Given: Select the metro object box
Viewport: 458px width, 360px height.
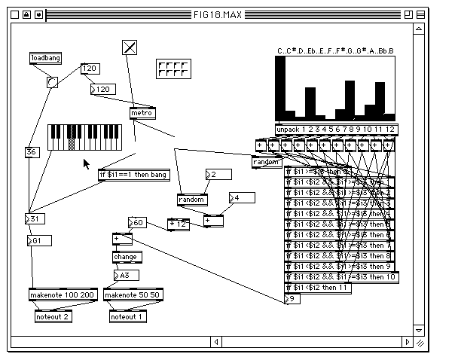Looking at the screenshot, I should pos(142,113).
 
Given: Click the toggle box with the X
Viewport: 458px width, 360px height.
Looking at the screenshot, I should pos(130,47).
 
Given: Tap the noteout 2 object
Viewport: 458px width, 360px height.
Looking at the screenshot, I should pos(53,317).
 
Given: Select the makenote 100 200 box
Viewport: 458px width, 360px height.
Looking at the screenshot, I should pos(63,294).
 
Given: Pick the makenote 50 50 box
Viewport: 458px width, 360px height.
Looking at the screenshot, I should pos(132,294).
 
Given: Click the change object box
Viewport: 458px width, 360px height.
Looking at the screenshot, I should pos(125,257).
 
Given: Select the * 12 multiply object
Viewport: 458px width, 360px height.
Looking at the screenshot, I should pos(178,224).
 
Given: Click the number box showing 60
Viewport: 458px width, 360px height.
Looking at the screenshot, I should pos(139,223).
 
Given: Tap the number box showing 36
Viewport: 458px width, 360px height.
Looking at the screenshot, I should pos(31,151).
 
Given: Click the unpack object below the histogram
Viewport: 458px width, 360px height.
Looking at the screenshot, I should pos(335,129).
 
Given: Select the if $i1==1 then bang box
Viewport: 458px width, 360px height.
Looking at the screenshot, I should pos(133,175).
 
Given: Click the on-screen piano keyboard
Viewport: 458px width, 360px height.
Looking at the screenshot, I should pos(85,137).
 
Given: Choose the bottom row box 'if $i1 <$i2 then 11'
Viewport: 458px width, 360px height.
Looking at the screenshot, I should pos(318,288).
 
